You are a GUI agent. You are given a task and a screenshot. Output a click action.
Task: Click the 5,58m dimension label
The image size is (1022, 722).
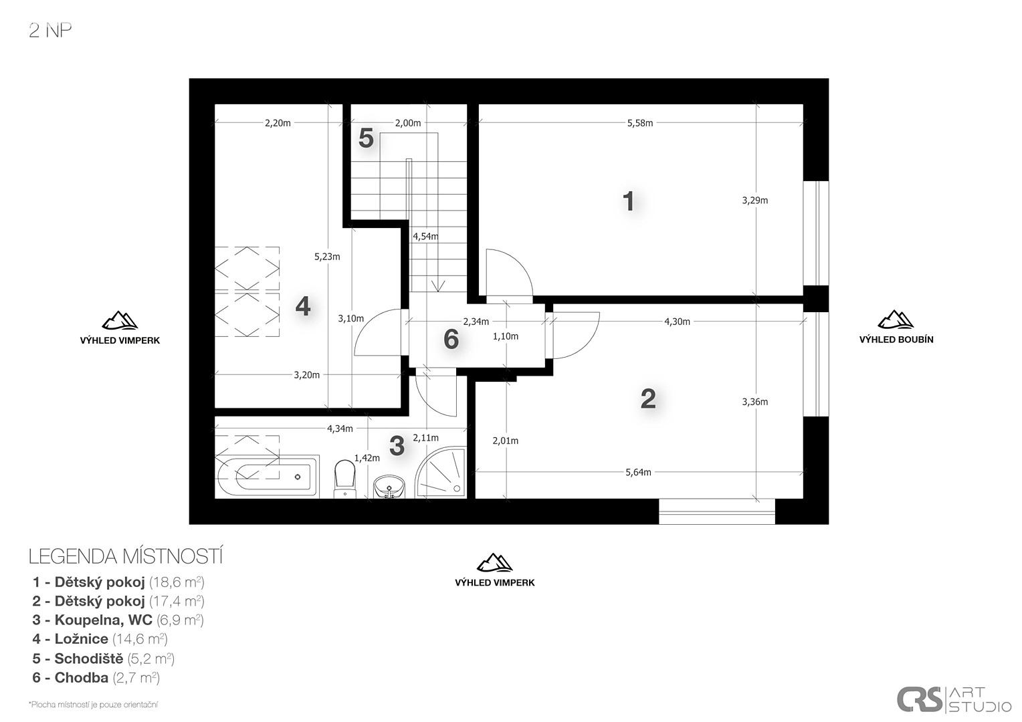coord(639,123)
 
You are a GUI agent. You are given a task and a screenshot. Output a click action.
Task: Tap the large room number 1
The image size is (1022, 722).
coord(628,201)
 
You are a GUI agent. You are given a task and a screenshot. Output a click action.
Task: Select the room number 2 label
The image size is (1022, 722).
coord(648,398)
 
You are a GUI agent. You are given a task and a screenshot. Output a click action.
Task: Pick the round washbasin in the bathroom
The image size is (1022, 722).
coord(389,487)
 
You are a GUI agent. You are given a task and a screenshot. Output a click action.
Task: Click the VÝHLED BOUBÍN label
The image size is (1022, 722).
coord(896,340)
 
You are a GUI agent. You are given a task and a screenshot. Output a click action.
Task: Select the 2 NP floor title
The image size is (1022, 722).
coord(50,31)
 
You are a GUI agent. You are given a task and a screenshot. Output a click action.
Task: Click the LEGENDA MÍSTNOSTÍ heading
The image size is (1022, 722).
coord(126,556)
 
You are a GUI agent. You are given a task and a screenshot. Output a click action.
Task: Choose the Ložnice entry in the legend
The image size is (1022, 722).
coord(100,639)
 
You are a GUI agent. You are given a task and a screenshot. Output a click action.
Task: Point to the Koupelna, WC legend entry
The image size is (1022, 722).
coord(118,620)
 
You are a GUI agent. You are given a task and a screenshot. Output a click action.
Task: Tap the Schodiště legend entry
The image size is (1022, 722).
coord(103,658)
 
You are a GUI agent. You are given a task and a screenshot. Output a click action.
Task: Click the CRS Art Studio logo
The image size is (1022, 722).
coord(954,699)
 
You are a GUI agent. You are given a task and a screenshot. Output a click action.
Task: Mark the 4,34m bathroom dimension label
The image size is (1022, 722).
coord(340,429)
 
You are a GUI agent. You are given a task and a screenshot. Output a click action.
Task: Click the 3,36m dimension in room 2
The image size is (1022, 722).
coord(755,402)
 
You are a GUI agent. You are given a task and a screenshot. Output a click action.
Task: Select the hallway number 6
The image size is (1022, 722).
coord(451,340)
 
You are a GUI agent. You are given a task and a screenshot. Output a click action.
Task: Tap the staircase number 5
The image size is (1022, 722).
coord(366,138)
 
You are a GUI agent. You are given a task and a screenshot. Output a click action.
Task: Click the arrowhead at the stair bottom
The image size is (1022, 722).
coord(438,286)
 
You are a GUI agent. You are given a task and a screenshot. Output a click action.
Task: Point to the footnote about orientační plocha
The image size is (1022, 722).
coord(94,705)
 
